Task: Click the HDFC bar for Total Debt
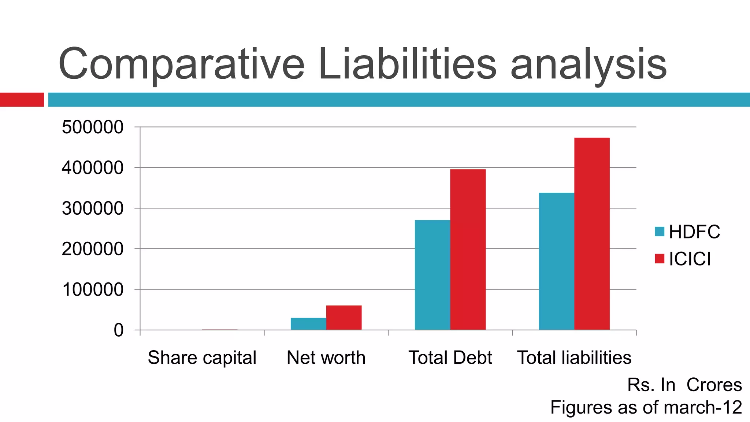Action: [x=432, y=275]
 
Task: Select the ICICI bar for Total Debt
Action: [x=468, y=249]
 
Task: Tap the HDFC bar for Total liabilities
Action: [x=556, y=261]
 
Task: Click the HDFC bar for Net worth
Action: [x=308, y=324]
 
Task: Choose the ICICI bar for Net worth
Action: [x=344, y=318]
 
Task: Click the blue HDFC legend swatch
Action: [x=659, y=232]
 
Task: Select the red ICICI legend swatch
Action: [x=659, y=259]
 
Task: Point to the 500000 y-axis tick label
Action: [x=93, y=127]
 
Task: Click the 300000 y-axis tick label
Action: [x=93, y=209]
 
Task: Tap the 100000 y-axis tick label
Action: [x=93, y=290]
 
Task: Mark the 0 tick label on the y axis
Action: [x=119, y=330]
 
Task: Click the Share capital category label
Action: [x=202, y=358]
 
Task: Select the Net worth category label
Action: [x=326, y=358]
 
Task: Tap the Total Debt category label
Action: [x=450, y=358]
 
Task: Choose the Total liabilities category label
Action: [x=574, y=358]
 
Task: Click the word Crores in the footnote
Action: [x=714, y=385]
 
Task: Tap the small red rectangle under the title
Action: [x=22, y=100]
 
